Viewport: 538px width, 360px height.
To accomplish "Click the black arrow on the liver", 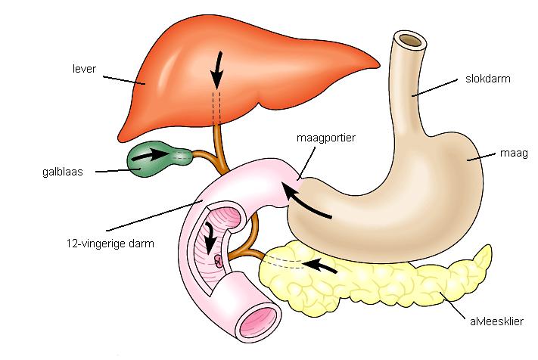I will coord(218,72).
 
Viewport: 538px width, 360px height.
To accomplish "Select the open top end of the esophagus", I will coord(410,40).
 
